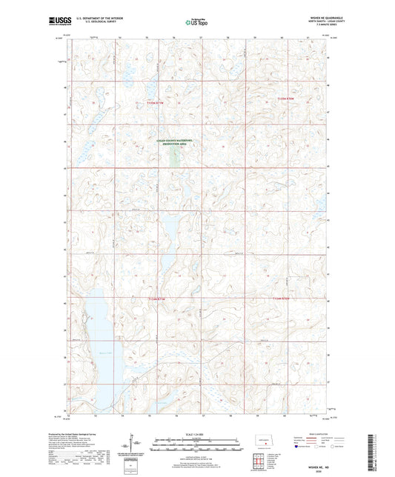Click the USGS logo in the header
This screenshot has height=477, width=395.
(55, 21)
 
